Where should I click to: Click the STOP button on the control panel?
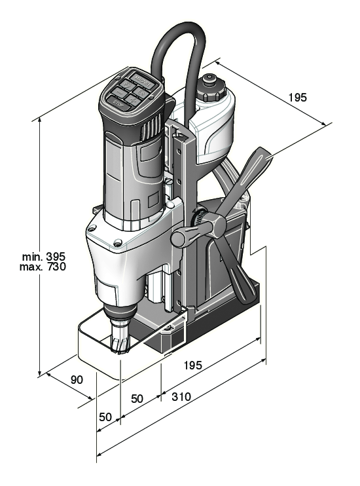pyautogui.click(x=118, y=103)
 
